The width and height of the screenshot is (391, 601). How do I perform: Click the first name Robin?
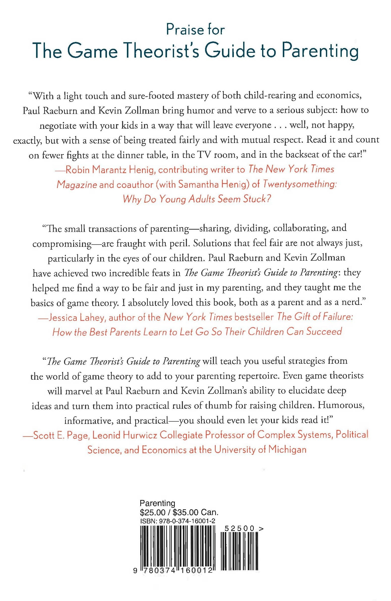pos(77,170)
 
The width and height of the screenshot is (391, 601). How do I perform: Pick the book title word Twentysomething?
pos(299,184)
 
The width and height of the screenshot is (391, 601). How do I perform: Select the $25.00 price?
pos(153,512)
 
